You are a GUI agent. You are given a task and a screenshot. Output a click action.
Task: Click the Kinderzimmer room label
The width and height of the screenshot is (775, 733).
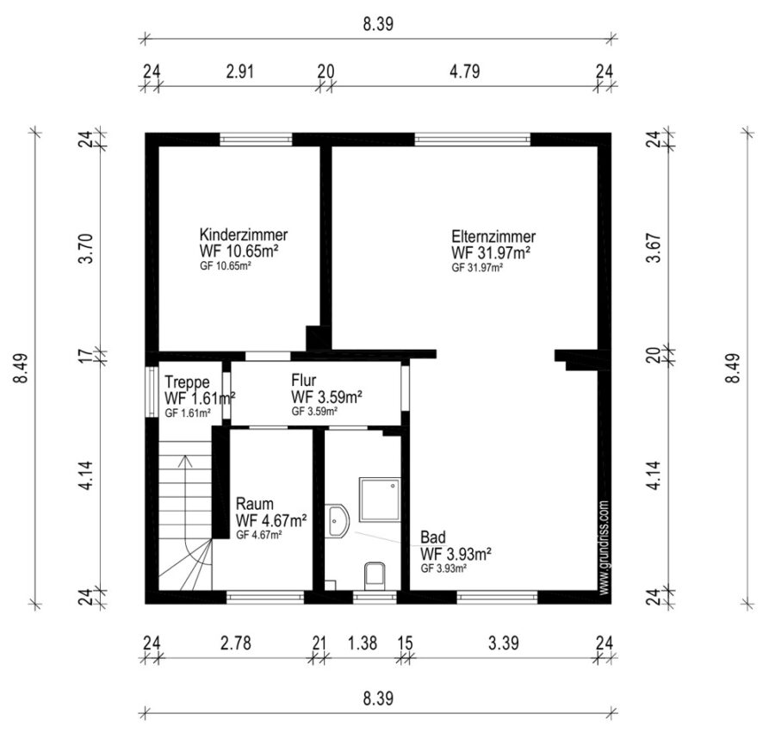point(244,234)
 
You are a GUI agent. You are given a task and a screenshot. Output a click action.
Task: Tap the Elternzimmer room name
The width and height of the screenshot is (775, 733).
point(493,236)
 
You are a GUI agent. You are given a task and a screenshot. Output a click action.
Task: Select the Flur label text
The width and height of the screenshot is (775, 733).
point(303,380)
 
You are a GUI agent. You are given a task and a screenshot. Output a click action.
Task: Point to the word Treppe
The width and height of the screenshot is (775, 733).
point(187,382)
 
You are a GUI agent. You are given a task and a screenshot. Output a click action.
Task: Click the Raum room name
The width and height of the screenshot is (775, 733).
point(255,504)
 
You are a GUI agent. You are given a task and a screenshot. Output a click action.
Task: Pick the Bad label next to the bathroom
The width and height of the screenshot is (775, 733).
point(433,537)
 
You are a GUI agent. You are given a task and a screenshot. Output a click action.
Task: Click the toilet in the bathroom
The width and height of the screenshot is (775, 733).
point(375,576)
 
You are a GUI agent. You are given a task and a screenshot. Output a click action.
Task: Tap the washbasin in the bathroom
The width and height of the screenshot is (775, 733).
point(337,521)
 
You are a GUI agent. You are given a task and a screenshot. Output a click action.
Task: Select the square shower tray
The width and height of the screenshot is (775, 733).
point(380,499)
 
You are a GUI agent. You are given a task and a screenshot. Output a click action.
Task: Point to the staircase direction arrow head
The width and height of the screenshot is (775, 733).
point(185,461)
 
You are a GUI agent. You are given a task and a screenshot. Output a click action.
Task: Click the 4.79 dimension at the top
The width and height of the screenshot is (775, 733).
point(465,71)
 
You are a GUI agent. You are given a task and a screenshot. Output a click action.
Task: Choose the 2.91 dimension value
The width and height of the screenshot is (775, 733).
point(239,71)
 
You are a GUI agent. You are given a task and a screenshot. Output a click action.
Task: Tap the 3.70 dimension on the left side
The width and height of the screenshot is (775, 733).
point(86,249)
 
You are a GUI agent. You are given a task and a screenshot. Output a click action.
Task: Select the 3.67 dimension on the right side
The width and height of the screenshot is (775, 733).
point(654,247)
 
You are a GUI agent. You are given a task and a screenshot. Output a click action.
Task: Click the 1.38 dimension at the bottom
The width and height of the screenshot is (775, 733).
point(363,643)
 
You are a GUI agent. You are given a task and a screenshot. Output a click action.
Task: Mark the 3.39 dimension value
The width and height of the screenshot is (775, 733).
point(504,643)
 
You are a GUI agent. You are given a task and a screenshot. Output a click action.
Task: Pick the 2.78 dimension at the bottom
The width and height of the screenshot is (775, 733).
point(236,643)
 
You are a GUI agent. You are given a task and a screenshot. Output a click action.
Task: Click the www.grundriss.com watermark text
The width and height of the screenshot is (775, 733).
point(603,548)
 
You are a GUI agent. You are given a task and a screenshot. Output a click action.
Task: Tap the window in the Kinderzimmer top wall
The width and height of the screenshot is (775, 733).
point(256,140)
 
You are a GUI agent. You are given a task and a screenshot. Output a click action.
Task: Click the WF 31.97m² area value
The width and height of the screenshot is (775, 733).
point(491,252)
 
